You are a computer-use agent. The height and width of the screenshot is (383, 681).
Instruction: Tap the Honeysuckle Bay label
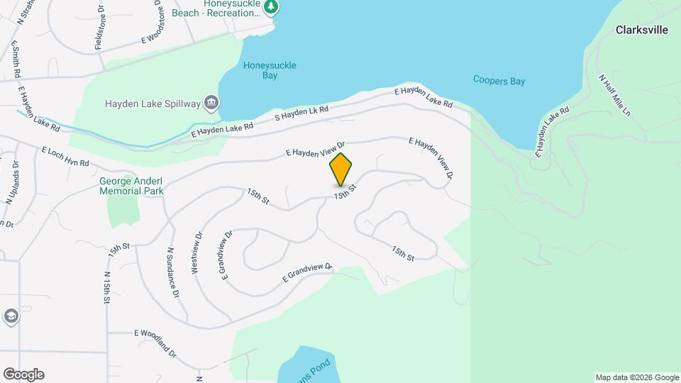pos(270,70)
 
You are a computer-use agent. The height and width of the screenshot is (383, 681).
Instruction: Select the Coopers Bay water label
pos(499,81)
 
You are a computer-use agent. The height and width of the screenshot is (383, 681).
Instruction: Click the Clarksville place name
pos(642,30)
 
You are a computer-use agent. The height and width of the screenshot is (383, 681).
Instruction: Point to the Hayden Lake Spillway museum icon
pos(211,104)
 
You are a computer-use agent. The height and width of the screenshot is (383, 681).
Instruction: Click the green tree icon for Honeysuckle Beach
pos(270,7)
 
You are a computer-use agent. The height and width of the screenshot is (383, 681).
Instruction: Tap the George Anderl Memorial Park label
pos(131,186)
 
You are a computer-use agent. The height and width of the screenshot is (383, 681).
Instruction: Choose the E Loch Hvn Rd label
pos(65,157)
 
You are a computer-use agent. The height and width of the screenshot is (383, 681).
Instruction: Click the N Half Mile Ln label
pos(614,96)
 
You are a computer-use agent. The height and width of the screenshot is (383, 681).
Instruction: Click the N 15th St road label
pos(107,287)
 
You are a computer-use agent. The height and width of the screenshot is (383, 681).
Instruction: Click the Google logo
pos(23,374)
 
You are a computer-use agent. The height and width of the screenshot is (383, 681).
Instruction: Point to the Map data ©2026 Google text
pos(637,377)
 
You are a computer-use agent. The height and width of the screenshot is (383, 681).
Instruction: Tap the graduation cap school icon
pos(11,316)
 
